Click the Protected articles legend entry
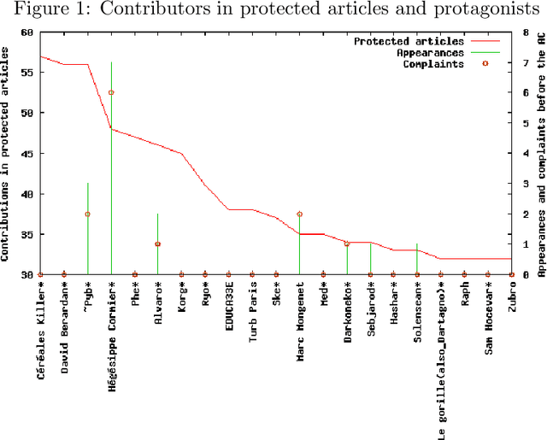point(409,40)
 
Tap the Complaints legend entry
point(435,62)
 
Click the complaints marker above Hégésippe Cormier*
point(111,92)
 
